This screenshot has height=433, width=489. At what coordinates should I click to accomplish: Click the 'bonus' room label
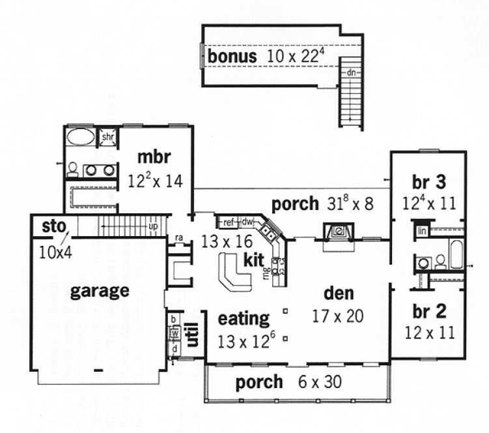click(x=232, y=57)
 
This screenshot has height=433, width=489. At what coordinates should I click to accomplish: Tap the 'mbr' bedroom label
click(x=154, y=158)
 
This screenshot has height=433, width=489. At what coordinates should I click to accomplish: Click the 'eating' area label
click(x=244, y=319)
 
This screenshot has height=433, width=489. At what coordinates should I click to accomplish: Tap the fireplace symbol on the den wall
click(x=337, y=231)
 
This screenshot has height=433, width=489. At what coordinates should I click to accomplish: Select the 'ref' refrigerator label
click(x=228, y=222)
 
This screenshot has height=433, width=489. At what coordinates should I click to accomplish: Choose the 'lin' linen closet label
click(x=421, y=231)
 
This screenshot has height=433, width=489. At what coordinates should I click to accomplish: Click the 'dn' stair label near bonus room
click(x=350, y=72)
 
